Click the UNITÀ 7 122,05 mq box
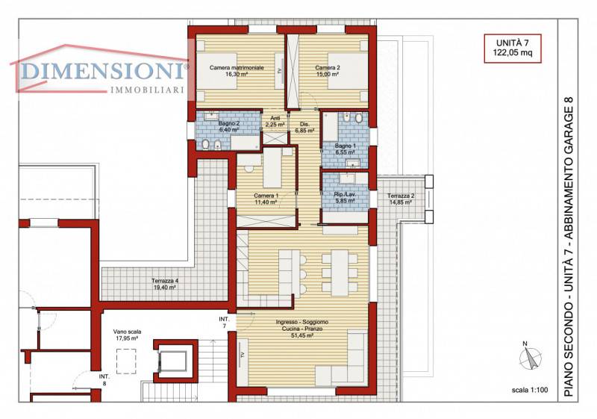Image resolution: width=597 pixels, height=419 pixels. (x=513, y=48)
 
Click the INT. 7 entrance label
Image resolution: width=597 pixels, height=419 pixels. (x=225, y=322)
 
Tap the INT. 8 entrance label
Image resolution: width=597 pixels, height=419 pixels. (x=104, y=379)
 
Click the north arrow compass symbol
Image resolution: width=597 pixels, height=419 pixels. (x=531, y=356)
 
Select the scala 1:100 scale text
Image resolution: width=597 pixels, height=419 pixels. (x=530, y=390)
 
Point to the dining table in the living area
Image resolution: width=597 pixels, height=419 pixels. (x=340, y=273)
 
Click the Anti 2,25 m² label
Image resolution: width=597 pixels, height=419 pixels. (x=275, y=122)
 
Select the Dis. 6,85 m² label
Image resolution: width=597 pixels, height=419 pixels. (x=304, y=127)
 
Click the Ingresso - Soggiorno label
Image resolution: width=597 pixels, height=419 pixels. (x=302, y=322)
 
